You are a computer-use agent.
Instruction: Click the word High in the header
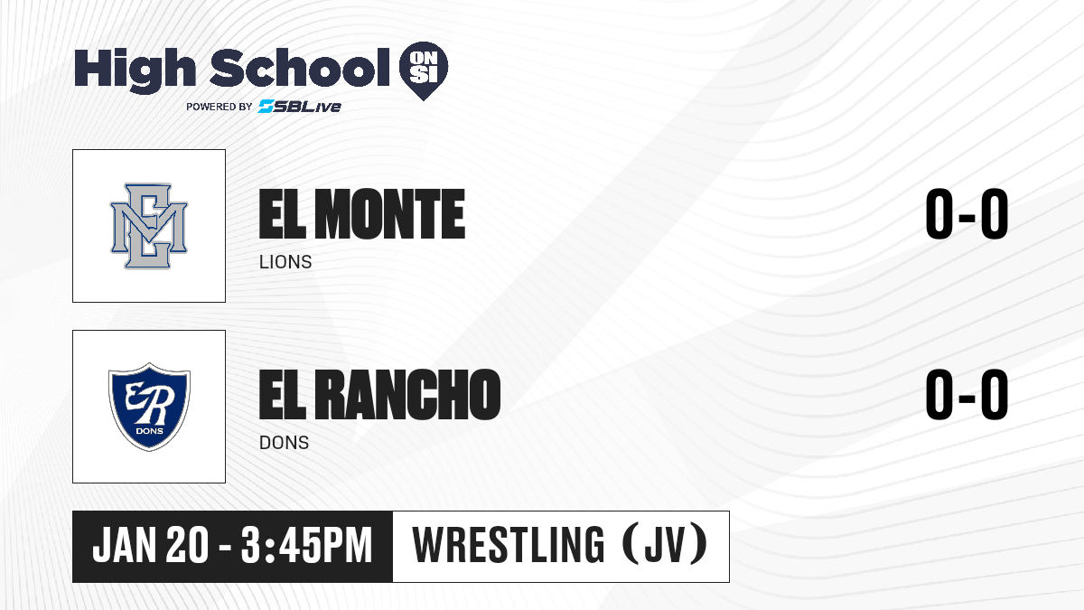(135, 70)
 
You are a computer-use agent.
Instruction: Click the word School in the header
(300, 67)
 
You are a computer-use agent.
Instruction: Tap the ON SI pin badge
(424, 70)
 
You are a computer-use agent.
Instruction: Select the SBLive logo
(300, 107)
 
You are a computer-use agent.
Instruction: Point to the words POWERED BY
(220, 107)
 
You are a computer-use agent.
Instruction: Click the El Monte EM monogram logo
(149, 226)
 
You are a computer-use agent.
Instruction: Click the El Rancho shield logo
(149, 407)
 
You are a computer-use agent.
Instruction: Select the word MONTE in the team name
(390, 214)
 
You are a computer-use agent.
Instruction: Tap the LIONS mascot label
(285, 262)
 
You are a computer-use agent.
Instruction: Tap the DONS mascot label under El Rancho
(284, 443)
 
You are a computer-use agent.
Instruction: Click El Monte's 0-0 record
(967, 214)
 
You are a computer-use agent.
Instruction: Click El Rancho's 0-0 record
(967, 394)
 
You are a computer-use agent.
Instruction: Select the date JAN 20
(151, 545)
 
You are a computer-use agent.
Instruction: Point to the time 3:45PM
(307, 545)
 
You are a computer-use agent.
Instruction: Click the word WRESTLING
(509, 545)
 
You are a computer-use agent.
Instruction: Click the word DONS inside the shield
(150, 431)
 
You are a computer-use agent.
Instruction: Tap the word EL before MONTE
(283, 214)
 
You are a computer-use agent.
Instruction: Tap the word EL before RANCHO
(283, 395)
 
